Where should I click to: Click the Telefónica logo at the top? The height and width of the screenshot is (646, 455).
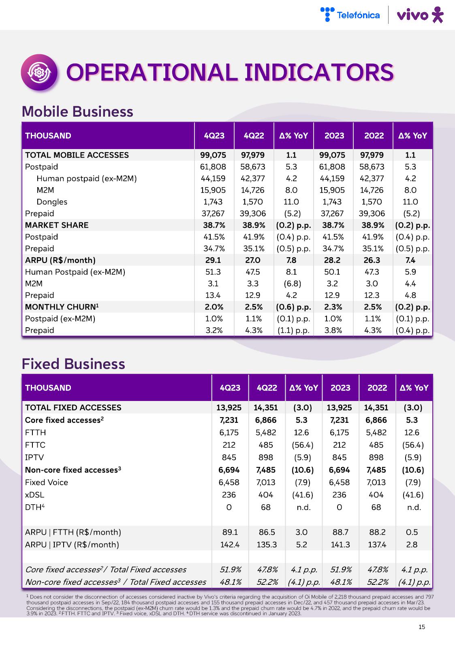(x=350, y=15)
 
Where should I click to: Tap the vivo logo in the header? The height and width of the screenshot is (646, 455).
(x=420, y=15)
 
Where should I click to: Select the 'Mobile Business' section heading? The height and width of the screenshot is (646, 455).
(x=77, y=111)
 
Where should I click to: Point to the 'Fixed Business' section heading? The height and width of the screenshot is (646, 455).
(x=73, y=364)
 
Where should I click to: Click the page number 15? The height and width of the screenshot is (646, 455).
(x=422, y=627)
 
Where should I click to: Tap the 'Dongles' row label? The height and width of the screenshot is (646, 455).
(x=52, y=202)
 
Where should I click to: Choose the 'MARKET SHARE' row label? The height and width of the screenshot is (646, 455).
(x=57, y=225)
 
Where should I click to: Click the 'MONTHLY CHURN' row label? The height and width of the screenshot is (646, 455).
(x=62, y=307)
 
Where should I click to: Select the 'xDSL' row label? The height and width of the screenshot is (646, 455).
(x=34, y=495)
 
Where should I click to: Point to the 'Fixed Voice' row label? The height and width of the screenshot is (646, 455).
(x=47, y=482)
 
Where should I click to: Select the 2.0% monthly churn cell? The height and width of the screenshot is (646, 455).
(x=214, y=307)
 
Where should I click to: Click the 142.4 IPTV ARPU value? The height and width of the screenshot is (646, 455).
(x=230, y=545)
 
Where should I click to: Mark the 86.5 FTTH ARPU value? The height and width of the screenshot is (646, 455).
(x=266, y=532)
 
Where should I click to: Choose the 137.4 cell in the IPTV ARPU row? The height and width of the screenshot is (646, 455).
(x=376, y=545)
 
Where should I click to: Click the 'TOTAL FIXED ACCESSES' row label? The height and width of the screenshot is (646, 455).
(x=73, y=407)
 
